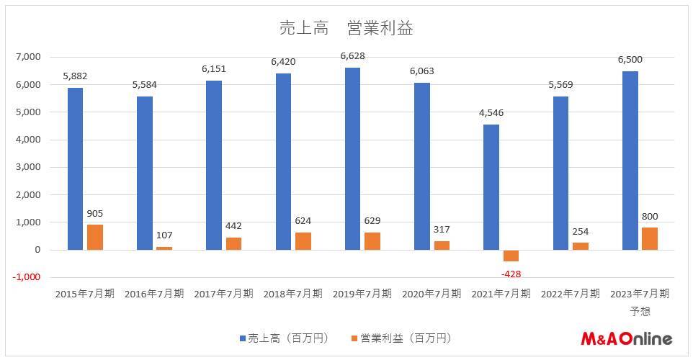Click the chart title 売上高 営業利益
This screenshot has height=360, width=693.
point(346,28)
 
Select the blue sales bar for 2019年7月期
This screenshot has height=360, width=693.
point(352,158)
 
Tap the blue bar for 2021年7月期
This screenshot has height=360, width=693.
point(491,187)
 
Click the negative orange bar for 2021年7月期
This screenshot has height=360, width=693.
point(511,256)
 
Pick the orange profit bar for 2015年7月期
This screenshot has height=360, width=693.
point(95,238)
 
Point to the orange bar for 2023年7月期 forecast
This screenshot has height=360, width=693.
point(649,238)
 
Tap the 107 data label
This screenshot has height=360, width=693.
point(164,235)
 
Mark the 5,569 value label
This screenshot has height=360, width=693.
point(560,86)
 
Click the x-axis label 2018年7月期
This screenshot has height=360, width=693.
point(292,294)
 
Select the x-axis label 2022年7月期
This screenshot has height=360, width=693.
point(570,294)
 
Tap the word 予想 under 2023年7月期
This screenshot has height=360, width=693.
point(640,310)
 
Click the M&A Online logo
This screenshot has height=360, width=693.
point(626,338)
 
